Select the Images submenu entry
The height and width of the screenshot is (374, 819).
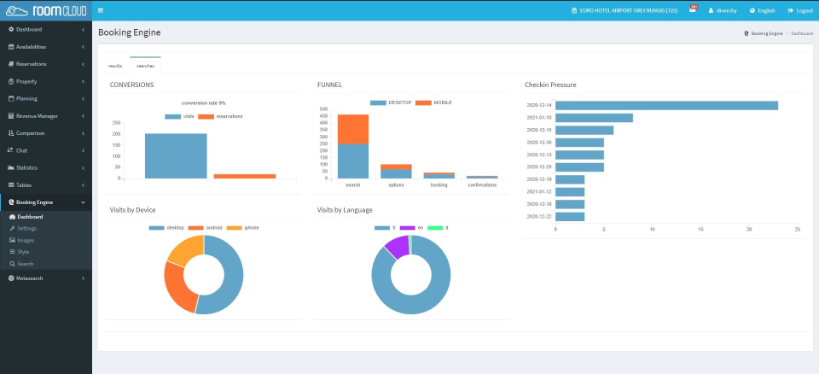pyautogui.click(x=26, y=240)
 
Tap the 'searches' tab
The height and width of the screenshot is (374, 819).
pyautogui.click(x=145, y=65)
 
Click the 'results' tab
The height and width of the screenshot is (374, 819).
pyautogui.click(x=115, y=65)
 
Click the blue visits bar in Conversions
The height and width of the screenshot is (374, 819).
pyautogui.click(x=176, y=155)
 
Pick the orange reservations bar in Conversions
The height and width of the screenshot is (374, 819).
pyautogui.click(x=244, y=176)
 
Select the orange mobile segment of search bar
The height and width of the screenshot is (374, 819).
pyautogui.click(x=352, y=129)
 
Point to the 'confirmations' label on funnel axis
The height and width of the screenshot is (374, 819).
pyautogui.click(x=482, y=184)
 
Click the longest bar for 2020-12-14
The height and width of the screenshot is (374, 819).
pyautogui.click(x=666, y=105)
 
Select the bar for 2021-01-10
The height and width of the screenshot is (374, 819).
pyautogui.click(x=594, y=118)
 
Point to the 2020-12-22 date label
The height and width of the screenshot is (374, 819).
pyautogui.click(x=538, y=217)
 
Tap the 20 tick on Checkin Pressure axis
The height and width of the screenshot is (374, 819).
pyautogui.click(x=749, y=230)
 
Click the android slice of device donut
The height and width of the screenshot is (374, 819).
pyautogui.click(x=177, y=286)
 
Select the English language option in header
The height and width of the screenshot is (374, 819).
pyautogui.click(x=763, y=10)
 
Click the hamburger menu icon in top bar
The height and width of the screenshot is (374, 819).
pyautogui.click(x=101, y=10)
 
